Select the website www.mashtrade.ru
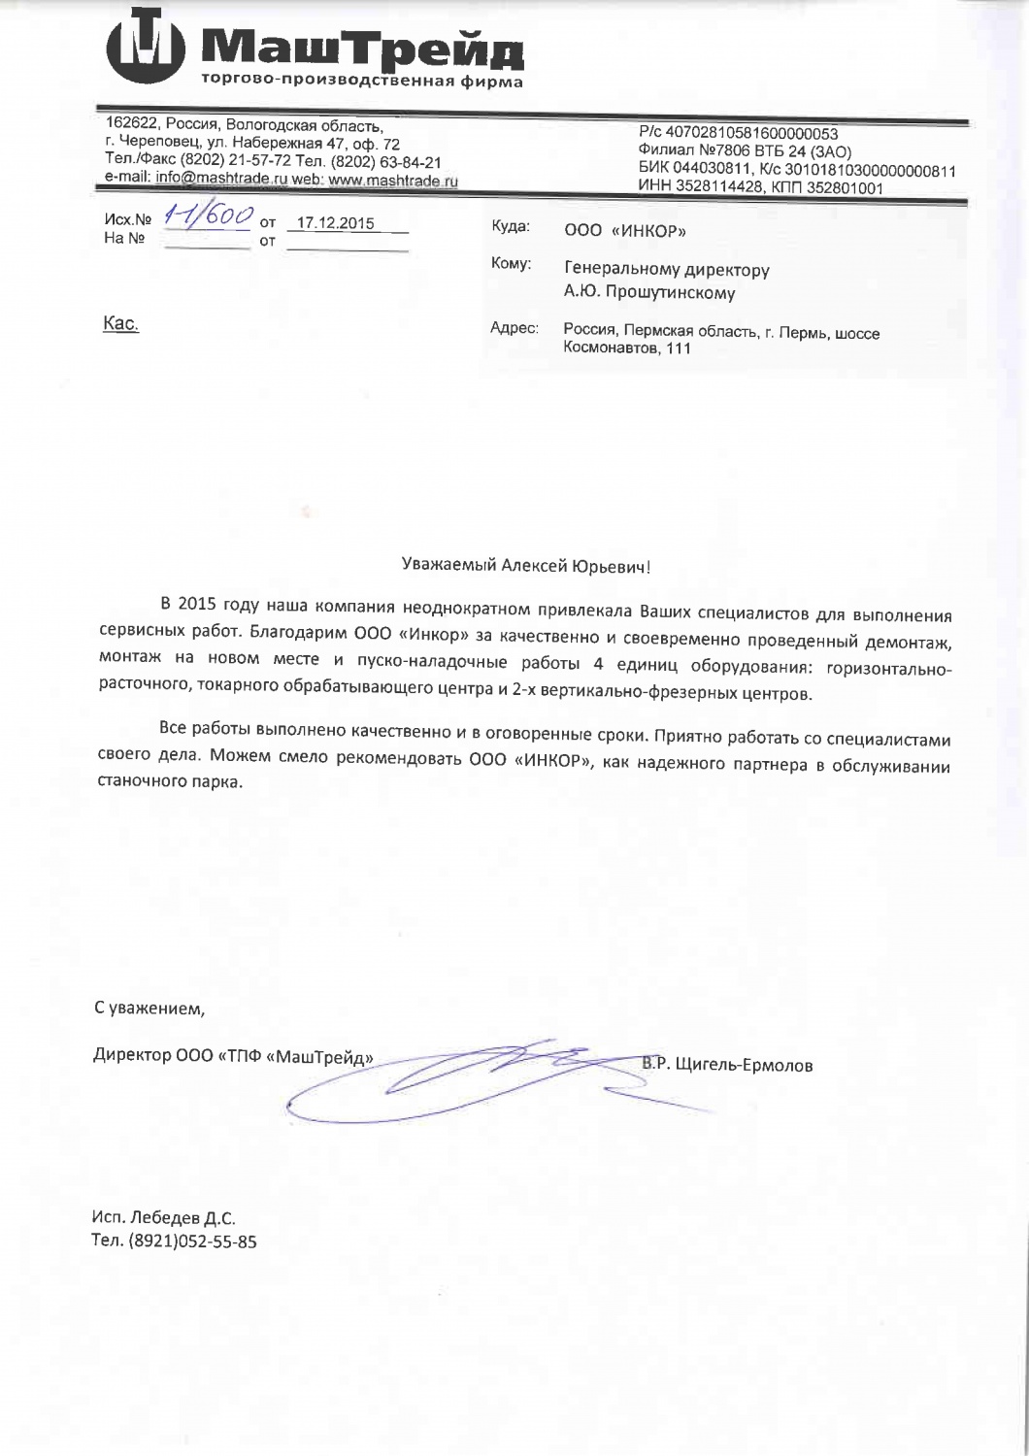click(x=392, y=180)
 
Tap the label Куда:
click(x=511, y=226)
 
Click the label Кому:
click(x=511, y=264)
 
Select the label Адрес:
click(x=515, y=329)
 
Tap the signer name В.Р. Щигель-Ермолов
click(x=726, y=1065)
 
